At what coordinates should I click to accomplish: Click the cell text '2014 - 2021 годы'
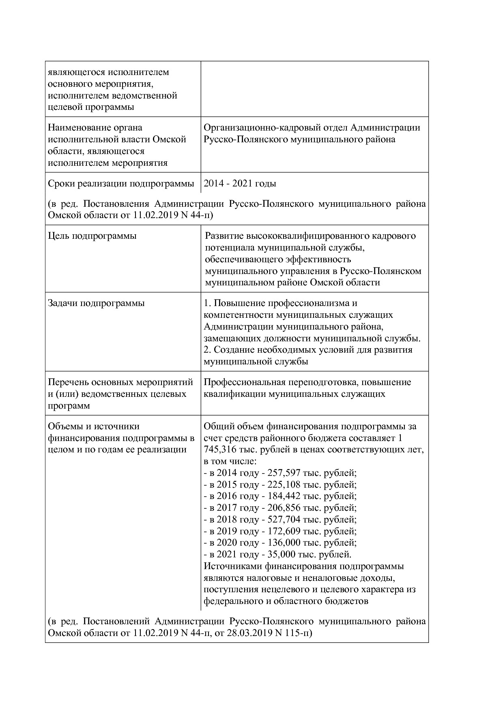pos(240,184)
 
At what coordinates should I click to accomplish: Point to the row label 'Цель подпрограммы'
pos(92,236)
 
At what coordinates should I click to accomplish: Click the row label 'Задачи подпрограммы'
pos(96,303)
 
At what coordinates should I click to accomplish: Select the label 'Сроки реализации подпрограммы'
pos(121,184)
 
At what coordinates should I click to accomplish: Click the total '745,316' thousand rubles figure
pos(219,450)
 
